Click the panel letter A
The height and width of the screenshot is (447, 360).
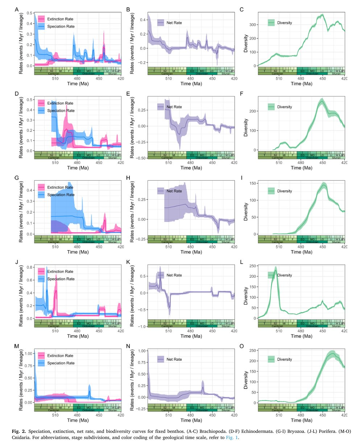click(17, 9)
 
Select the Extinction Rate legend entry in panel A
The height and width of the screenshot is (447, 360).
click(60, 19)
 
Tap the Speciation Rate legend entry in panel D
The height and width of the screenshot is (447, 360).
click(61, 111)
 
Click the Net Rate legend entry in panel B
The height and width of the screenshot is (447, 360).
click(174, 23)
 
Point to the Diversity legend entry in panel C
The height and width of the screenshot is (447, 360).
click(284, 23)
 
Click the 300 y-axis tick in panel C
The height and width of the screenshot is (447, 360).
click(252, 25)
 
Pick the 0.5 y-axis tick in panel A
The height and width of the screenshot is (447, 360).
click(29, 13)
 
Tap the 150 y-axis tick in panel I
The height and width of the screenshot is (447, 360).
click(252, 183)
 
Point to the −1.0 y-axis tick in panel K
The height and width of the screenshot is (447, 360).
click(141, 326)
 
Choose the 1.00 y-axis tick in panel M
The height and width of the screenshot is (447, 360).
click(28, 353)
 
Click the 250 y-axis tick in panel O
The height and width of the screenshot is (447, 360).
click(252, 351)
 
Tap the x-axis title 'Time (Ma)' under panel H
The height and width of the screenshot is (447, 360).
click(191, 252)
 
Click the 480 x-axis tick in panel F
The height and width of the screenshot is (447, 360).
click(301, 163)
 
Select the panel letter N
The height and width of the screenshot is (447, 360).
click(128, 346)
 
